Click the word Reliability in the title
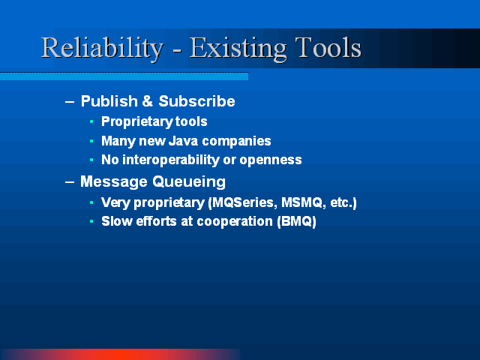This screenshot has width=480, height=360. tap(102, 48)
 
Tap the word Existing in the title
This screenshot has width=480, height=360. tap(238, 48)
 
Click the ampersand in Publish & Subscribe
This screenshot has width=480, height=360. tap(148, 101)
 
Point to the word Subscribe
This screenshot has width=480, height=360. tap(196, 101)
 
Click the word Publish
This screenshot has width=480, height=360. tap(109, 101)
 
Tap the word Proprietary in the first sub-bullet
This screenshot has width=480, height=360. tap(137, 121)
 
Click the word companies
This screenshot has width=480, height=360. tap(237, 142)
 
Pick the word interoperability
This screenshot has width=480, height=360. tap(171, 160)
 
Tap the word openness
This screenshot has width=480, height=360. tap(271, 160)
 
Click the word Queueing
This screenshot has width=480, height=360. tap(189, 182)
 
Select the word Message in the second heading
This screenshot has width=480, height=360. tap(114, 182)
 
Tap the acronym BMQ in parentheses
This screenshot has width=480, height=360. tap(297, 221)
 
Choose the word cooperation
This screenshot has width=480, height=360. tap(235, 222)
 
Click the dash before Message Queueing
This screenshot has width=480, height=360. tap(70, 182)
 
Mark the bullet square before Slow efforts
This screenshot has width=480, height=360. tap(91, 221)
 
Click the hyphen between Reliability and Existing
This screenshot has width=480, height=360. tap(177, 50)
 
